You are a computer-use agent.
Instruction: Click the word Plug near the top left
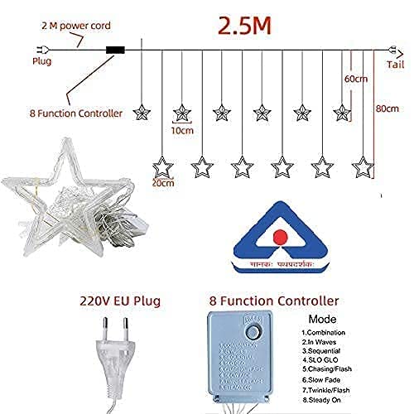[41, 60]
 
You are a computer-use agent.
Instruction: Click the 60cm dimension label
[355, 78]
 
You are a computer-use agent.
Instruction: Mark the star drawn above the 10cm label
[181, 111]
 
